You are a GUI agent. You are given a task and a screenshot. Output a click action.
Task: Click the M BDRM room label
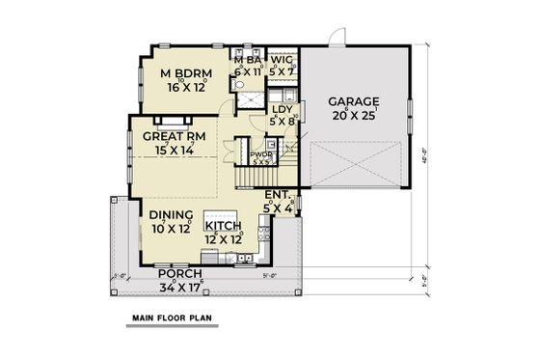tap(180, 73)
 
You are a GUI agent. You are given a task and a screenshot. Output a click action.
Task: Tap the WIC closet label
tap(282, 59)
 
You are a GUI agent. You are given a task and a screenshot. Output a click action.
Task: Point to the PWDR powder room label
tap(260, 154)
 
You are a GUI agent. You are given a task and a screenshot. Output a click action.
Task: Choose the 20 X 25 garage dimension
tap(353, 113)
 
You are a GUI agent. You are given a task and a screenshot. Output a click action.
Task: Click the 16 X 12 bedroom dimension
tap(180, 87)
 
